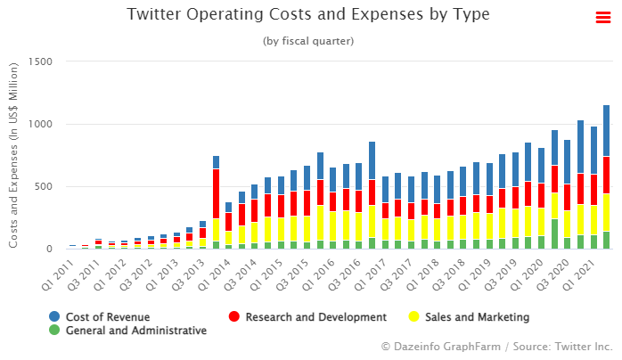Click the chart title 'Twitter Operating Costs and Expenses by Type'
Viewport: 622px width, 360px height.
pos(308,15)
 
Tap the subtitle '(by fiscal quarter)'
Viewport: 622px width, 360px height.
pos(308,41)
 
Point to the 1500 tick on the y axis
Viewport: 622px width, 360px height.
pos(41,61)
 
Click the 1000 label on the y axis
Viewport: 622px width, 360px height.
pos(41,124)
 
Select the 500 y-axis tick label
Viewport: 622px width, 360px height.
pos(44,186)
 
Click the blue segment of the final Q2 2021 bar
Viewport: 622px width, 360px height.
pos(606,130)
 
